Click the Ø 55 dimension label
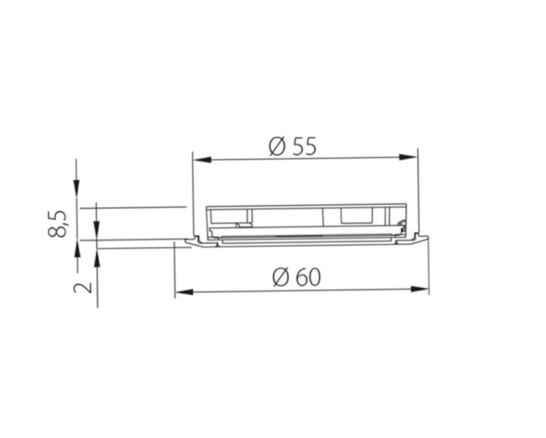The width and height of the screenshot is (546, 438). pos(293,147)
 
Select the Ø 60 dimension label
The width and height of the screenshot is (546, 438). pos(297,278)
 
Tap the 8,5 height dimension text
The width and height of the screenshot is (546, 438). pos(57,224)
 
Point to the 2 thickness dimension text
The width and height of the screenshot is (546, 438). pos(83,287)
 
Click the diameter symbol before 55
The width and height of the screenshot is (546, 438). pos(277,147)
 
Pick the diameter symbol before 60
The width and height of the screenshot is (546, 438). pos(281,278)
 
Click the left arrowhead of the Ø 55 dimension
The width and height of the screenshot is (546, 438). pos(202,160)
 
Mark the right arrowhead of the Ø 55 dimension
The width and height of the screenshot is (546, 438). pos(408,157)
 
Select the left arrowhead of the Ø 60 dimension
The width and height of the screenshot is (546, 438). pos(184,292)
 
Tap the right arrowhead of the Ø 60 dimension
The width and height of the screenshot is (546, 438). pos(419,289)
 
